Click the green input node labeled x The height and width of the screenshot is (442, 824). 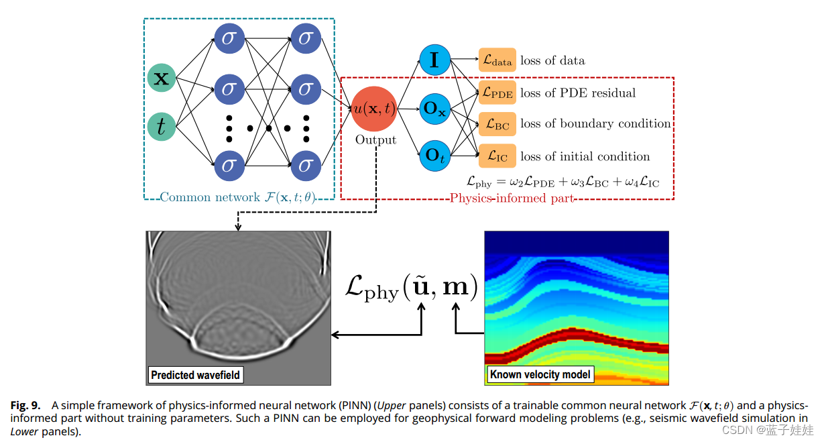click(162, 78)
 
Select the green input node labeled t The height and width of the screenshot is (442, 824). click(162, 125)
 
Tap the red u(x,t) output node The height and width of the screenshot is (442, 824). click(375, 109)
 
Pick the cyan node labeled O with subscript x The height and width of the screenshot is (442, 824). click(434, 109)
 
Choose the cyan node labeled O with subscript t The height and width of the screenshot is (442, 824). click(434, 156)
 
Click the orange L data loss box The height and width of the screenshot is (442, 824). click(497, 60)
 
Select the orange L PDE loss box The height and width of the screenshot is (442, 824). click(497, 93)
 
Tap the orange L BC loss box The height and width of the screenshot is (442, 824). click(497, 124)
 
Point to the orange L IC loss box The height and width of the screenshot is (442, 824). click(497, 156)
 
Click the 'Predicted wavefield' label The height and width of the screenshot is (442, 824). click(195, 375)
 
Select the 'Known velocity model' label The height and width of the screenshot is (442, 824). click(540, 374)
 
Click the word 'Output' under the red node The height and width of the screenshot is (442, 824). click(376, 140)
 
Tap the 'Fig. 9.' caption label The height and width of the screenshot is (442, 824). click(25, 406)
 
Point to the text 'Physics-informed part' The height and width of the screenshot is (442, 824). click(512, 198)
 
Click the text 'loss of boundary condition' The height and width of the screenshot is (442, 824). click(595, 124)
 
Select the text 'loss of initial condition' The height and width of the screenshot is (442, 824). click(585, 156)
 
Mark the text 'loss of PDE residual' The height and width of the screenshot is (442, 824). click(578, 93)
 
